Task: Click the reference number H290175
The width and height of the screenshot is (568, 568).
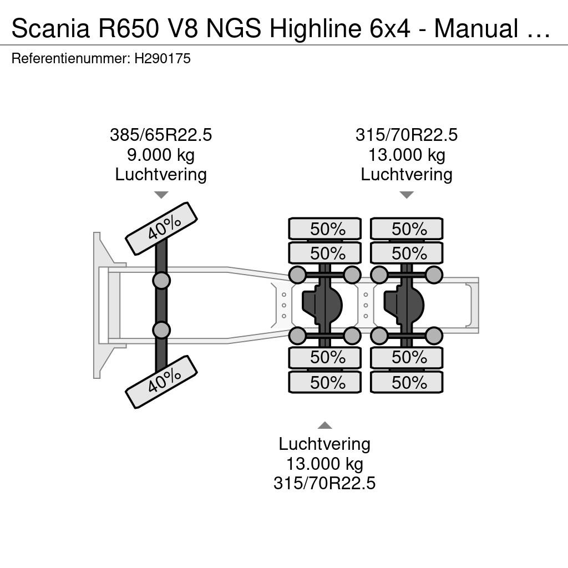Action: tap(163, 58)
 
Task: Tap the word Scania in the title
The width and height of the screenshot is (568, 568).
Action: tap(50, 28)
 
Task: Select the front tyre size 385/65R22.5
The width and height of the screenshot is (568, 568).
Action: tap(161, 135)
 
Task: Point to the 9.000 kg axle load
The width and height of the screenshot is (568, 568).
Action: tap(161, 155)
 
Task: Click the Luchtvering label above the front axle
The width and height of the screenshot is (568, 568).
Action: tap(161, 175)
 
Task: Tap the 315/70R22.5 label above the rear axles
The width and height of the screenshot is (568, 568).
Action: tap(407, 135)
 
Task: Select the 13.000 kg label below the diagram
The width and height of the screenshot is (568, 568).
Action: tap(324, 464)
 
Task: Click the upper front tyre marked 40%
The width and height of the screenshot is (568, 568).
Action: tap(161, 229)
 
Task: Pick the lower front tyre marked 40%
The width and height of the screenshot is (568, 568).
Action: tap(161, 382)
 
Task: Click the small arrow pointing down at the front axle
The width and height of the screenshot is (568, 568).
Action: tap(161, 195)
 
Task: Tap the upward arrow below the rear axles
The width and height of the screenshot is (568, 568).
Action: tap(324, 425)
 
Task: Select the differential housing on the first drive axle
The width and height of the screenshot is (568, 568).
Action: tap(322, 305)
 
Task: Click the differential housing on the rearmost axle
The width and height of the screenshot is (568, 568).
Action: tap(404, 305)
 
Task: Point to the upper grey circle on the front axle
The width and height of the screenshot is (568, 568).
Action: tap(161, 280)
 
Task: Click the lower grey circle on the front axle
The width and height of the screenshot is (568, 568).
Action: tap(161, 330)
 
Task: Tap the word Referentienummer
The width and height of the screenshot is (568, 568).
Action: tap(70, 58)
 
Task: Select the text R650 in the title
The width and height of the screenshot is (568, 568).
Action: tap(129, 28)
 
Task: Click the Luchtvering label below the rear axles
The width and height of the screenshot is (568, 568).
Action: tap(324, 444)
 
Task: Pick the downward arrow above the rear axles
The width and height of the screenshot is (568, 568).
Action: tap(407, 195)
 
